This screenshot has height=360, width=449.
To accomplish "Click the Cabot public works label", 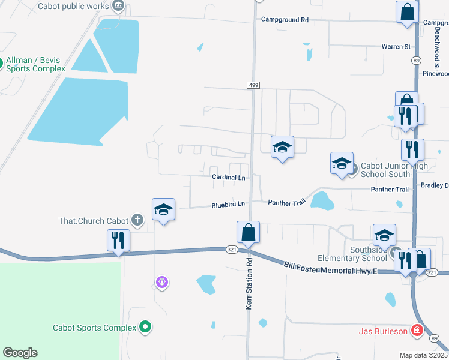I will tap(73, 7).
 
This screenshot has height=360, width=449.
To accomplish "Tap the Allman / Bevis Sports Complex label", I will tap(35, 64).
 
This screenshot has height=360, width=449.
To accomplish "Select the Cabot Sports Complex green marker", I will tap(145, 327).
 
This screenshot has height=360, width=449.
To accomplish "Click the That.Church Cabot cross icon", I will tap(137, 220).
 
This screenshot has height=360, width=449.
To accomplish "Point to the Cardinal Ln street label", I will tap(229, 178).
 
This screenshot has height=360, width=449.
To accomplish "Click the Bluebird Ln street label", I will tap(229, 205).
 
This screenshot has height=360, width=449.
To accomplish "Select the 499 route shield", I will tap(253, 86).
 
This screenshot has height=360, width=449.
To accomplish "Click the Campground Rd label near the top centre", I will tap(285, 20).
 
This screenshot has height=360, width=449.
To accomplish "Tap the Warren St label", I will tap(396, 46).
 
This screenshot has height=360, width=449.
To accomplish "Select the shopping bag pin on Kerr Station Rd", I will tap(248, 233).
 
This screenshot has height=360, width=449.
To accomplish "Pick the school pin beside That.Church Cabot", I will tap(163, 210).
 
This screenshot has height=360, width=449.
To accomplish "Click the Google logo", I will tap(20, 353).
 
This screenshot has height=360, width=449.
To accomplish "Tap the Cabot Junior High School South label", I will tap(385, 170).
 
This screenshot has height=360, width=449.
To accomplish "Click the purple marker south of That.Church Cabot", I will tap(160, 281).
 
